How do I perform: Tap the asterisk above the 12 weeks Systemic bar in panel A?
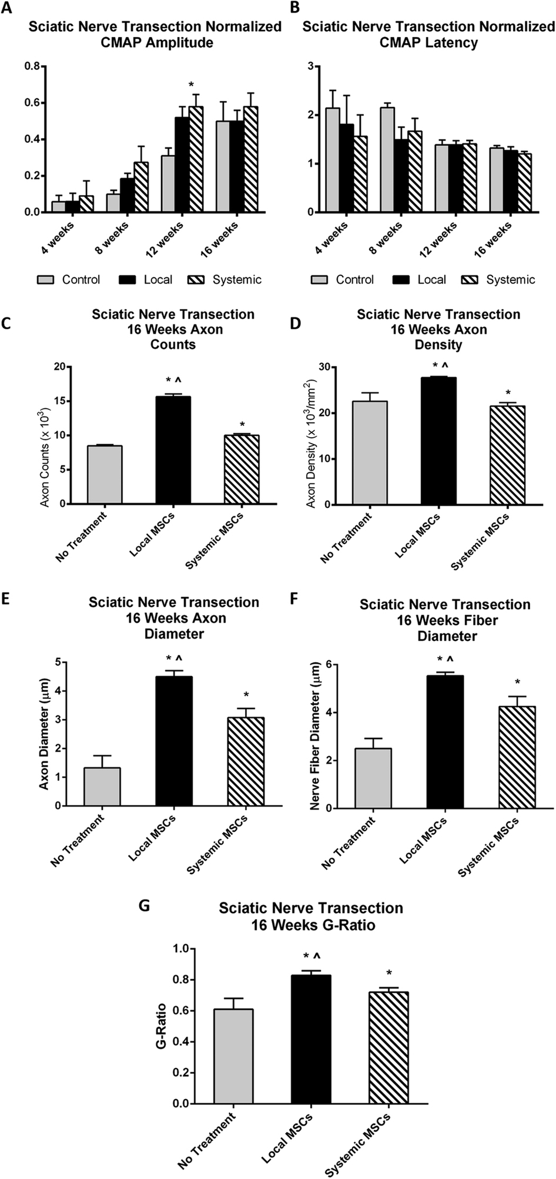point(191,85)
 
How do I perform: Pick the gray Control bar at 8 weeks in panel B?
point(387,159)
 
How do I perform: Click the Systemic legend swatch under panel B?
point(471,280)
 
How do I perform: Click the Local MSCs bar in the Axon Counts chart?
point(173,450)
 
